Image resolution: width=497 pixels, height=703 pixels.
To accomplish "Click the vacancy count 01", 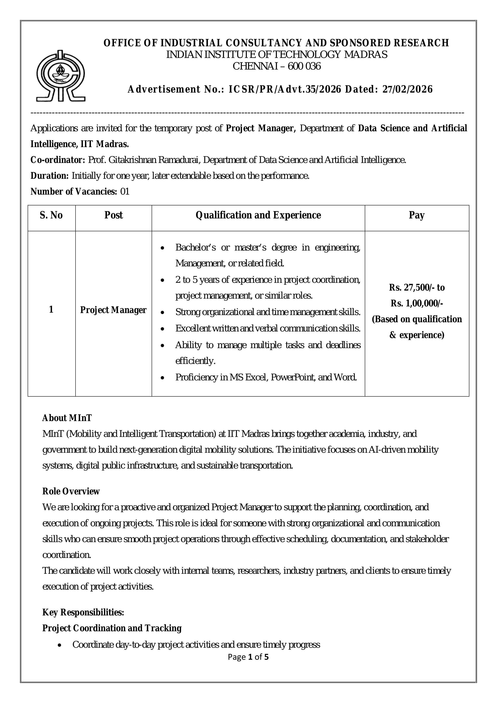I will coord(125,192).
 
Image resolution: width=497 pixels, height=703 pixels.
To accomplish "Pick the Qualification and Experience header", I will coord(258,215).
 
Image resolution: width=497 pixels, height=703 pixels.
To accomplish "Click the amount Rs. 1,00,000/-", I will coord(417,303).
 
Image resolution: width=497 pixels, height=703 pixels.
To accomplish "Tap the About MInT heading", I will coord(67,418).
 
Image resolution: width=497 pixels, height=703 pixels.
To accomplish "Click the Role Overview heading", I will coord(71,491).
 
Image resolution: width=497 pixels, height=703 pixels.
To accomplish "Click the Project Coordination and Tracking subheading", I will coord(112,628).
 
